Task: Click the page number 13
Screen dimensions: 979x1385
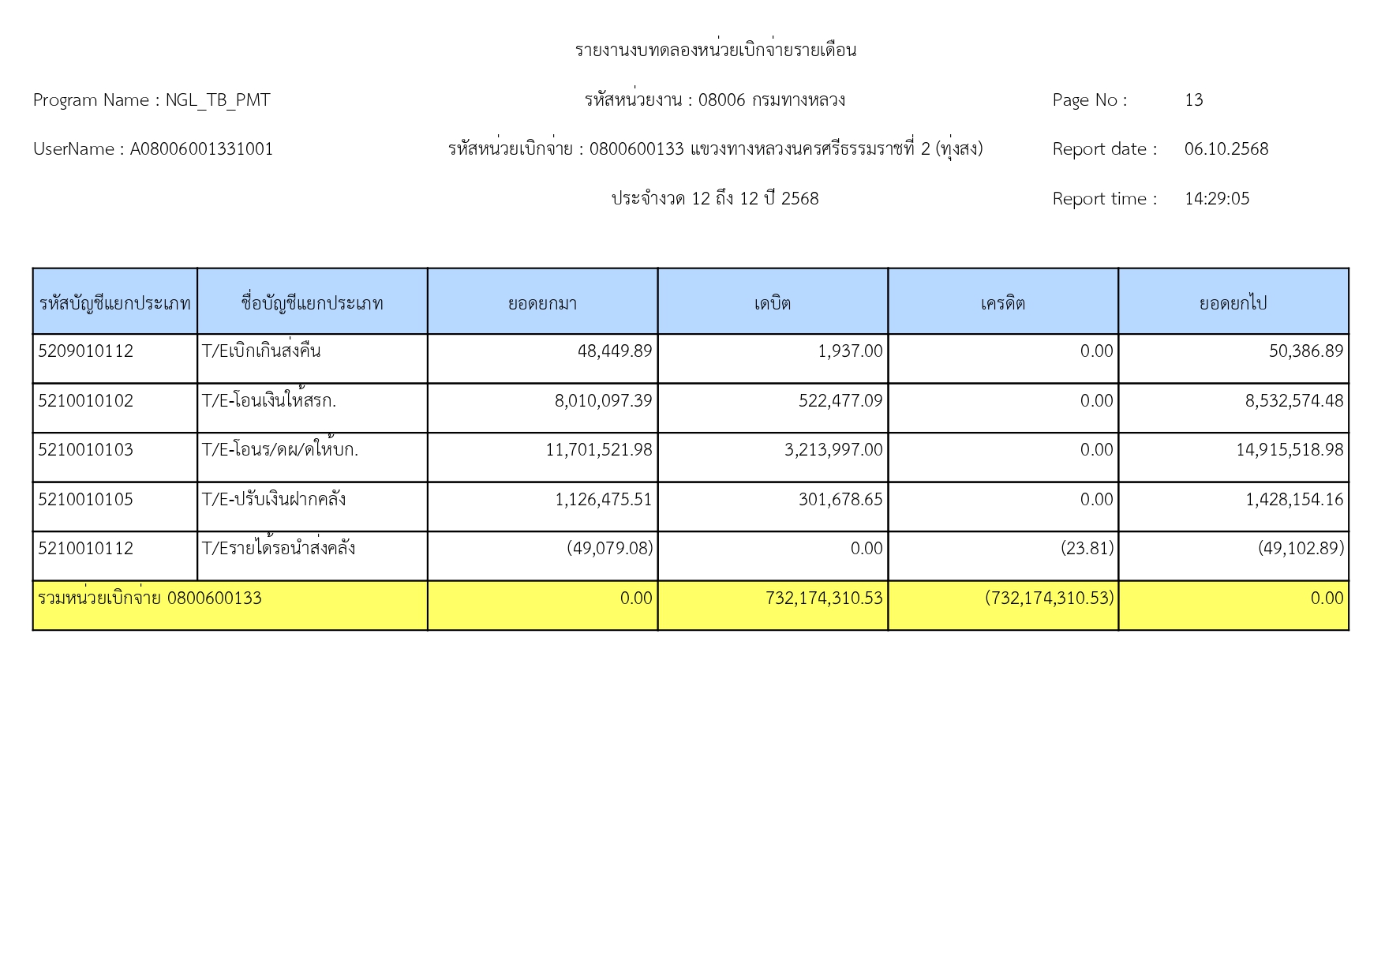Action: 1193,100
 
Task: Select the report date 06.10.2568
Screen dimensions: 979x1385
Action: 1226,149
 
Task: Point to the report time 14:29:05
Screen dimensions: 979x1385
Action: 1216,199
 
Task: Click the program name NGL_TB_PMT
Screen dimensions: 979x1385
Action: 217,100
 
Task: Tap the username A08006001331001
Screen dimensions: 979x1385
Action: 201,149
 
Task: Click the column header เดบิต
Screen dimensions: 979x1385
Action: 772,303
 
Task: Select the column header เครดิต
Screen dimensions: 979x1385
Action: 1002,303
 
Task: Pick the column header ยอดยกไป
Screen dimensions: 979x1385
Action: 1233,303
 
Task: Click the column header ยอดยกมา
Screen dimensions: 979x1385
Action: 542,303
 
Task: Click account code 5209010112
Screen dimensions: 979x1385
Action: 86,351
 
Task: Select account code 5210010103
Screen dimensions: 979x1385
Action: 86,450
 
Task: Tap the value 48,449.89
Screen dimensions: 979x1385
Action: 615,351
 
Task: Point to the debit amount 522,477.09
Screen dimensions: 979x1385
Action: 840,401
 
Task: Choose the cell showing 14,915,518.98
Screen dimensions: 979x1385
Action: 1290,450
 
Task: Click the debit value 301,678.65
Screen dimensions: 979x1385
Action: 840,500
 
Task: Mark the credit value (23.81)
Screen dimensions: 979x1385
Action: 1087,549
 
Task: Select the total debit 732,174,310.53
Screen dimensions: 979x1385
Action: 824,598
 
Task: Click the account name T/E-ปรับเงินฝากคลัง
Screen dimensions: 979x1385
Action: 274,500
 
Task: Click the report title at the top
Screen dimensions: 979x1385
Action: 715,51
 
